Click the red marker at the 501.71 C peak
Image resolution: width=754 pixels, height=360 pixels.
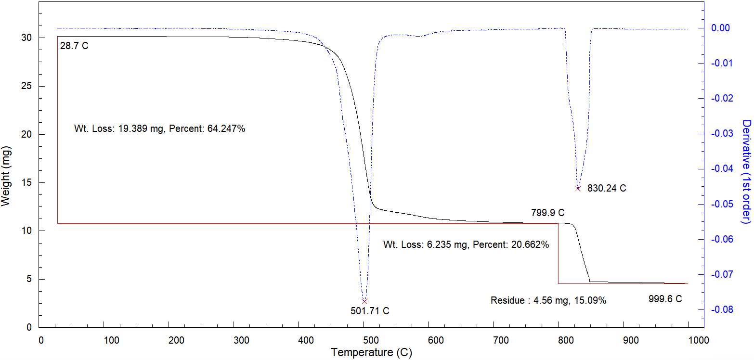364,301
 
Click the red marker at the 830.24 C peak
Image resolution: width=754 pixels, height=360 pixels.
578,188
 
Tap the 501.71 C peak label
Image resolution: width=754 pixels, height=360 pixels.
370,311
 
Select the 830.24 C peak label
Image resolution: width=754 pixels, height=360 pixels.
607,188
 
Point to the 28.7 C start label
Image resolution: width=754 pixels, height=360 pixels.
75,46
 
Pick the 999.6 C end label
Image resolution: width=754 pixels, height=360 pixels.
665,299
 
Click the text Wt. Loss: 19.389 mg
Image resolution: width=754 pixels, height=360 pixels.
118,129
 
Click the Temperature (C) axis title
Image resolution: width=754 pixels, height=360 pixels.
371,353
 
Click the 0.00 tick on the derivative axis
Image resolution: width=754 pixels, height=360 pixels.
721,28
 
